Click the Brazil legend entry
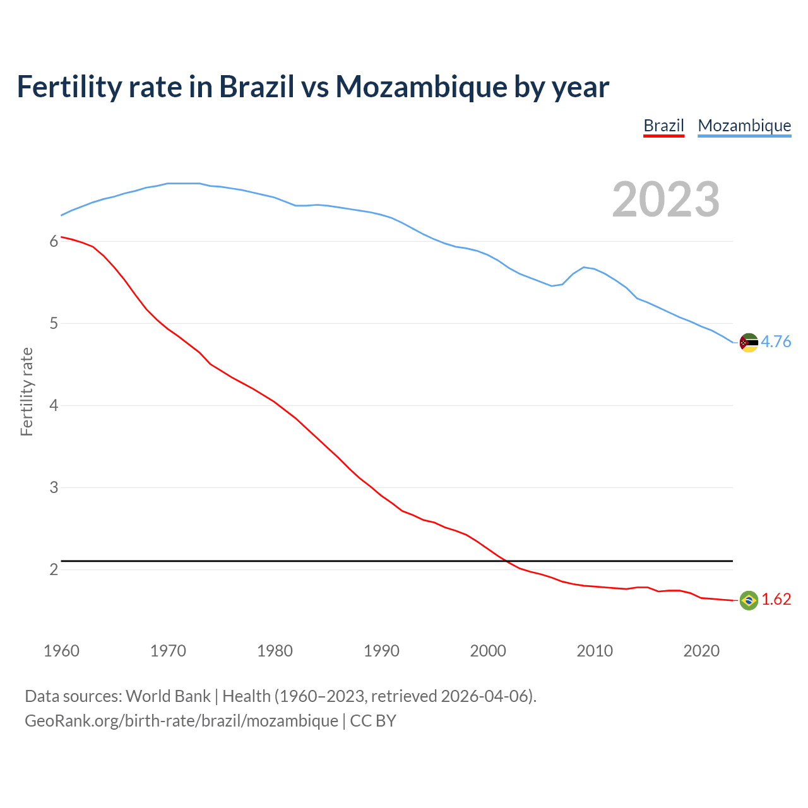(x=663, y=126)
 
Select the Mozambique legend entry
(x=744, y=126)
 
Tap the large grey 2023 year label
(x=666, y=199)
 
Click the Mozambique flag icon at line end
(x=749, y=343)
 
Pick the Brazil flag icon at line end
(x=749, y=600)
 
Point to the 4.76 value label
(x=776, y=342)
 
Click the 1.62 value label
(x=776, y=599)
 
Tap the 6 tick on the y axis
(x=54, y=241)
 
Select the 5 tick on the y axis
(x=54, y=324)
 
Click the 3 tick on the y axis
(x=54, y=487)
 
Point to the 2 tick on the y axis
(x=54, y=569)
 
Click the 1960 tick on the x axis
(x=61, y=651)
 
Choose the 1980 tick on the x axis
(x=275, y=651)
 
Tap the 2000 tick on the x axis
(x=488, y=651)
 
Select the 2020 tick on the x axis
(x=701, y=651)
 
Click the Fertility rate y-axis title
(x=27, y=391)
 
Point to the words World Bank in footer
(x=168, y=696)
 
